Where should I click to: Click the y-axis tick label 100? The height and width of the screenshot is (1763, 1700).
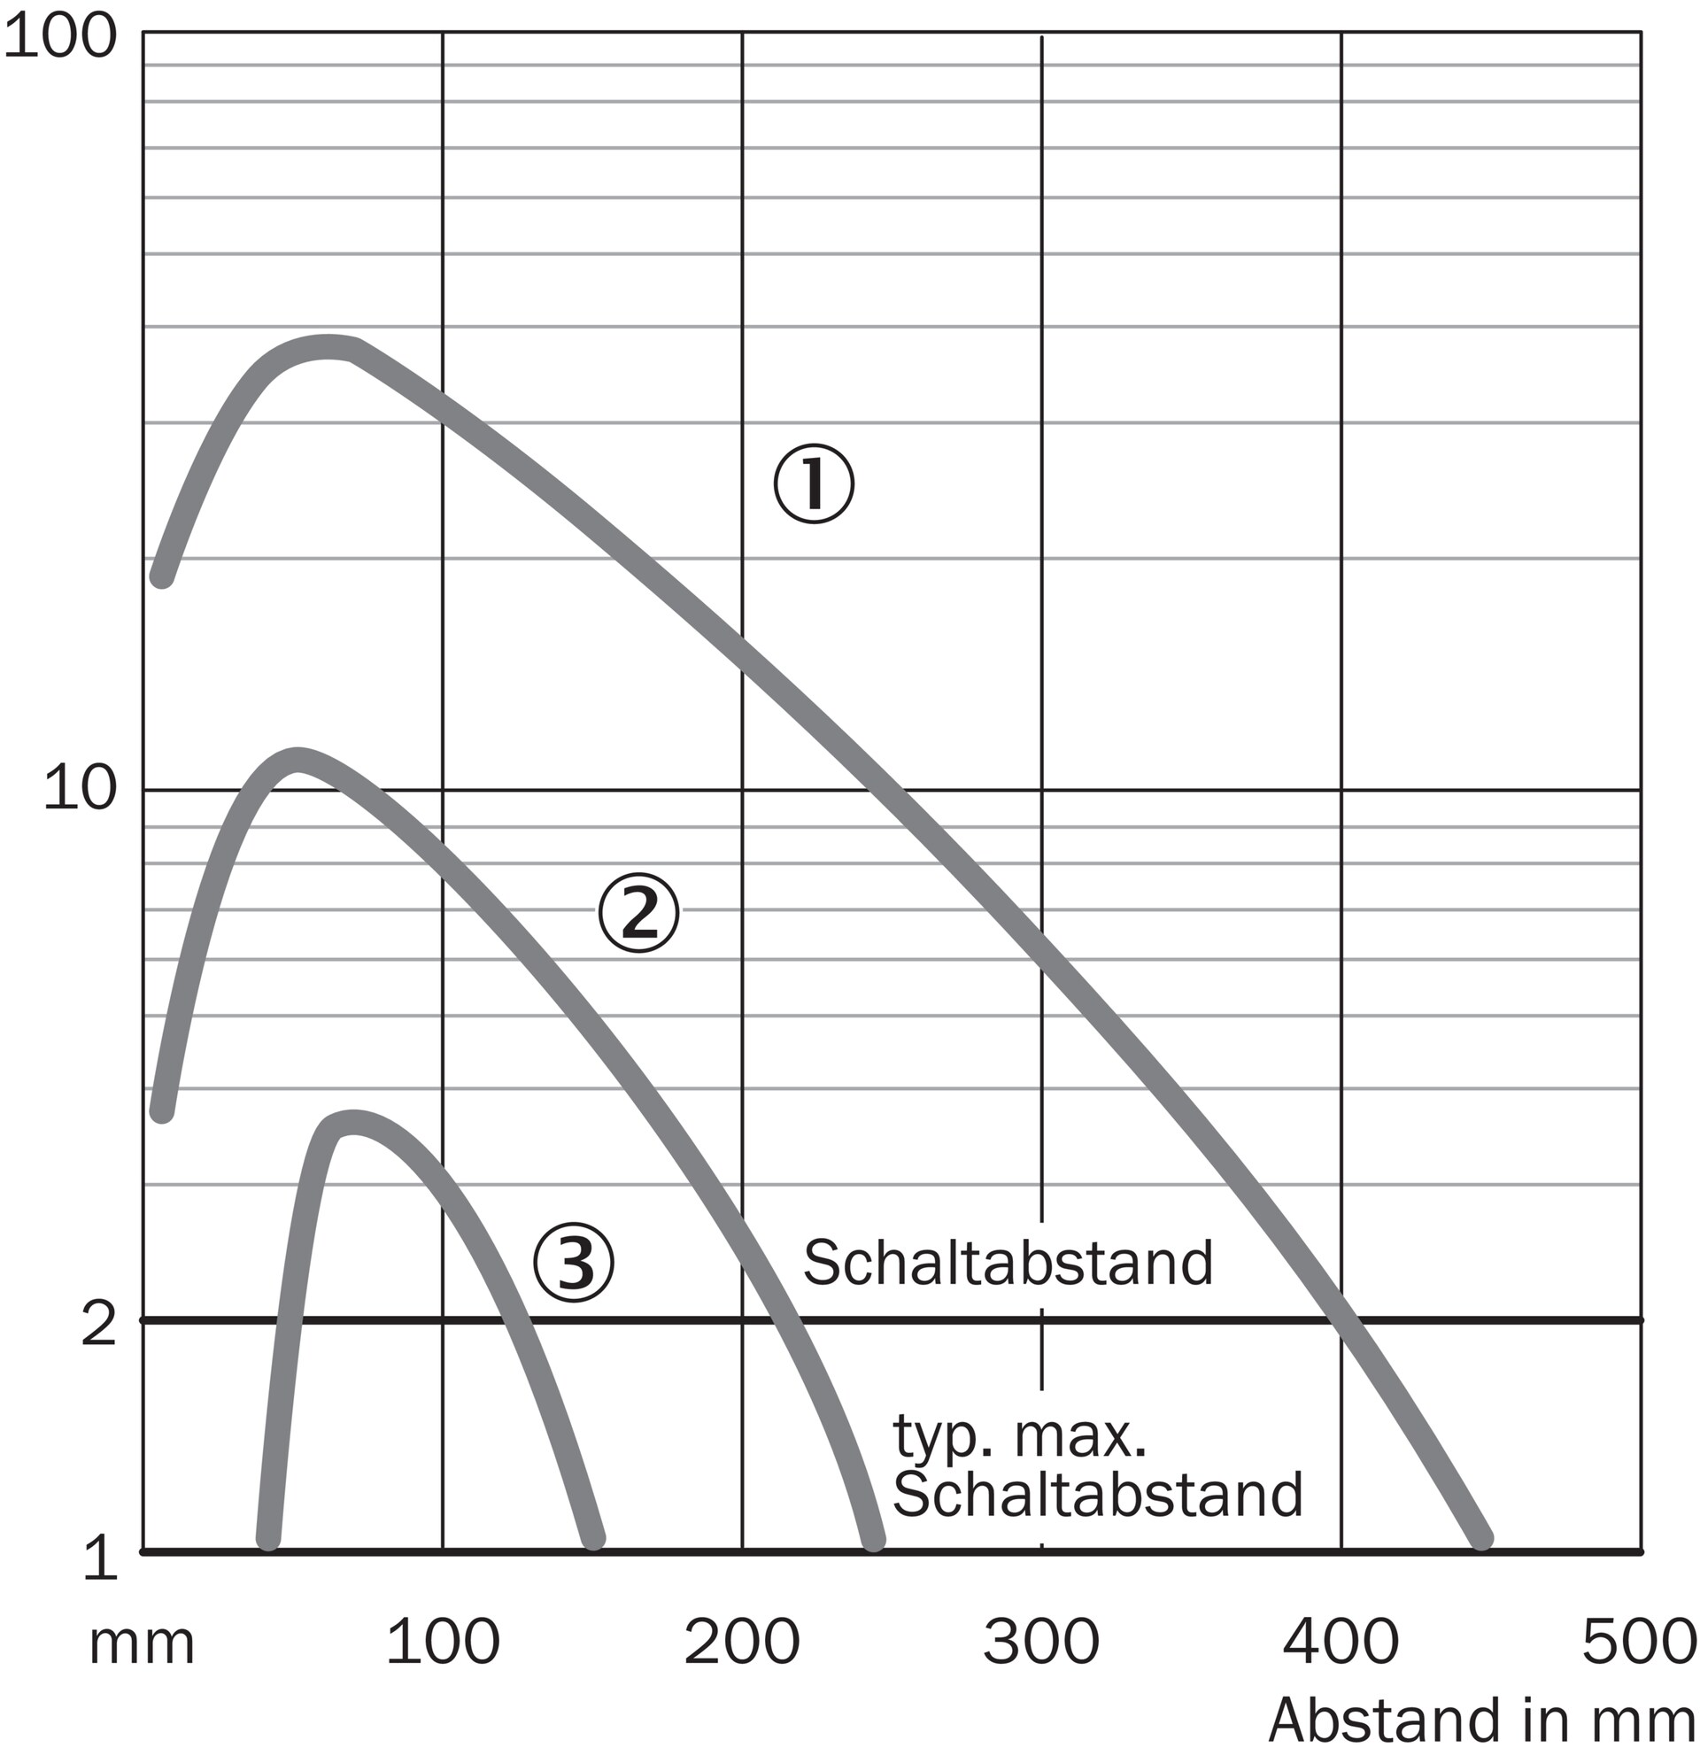tap(60, 39)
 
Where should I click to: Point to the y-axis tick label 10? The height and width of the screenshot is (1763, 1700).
tap(80, 790)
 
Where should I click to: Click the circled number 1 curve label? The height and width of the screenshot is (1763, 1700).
tap(813, 484)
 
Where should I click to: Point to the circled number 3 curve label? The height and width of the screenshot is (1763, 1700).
tap(573, 1263)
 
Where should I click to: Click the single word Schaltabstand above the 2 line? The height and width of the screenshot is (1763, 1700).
tap(1008, 1263)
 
